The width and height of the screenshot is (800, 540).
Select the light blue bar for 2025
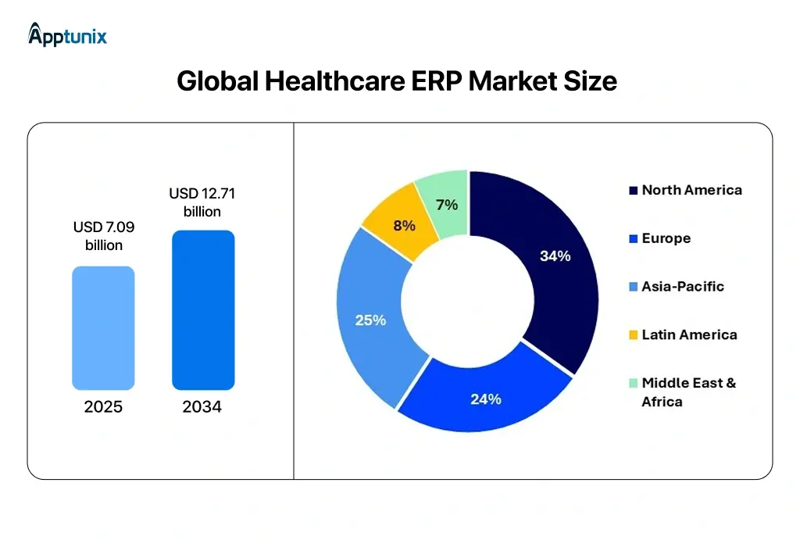point(103,328)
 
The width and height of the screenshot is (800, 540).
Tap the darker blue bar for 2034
point(203,310)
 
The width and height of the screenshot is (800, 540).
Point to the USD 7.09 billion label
point(103,236)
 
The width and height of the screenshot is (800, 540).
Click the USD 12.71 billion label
point(202,202)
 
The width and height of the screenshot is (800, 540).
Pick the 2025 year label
point(103,407)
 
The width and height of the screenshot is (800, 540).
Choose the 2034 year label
point(202,407)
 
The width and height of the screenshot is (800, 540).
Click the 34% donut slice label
point(555,256)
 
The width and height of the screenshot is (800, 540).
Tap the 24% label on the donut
point(485,399)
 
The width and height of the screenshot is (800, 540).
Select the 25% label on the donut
point(370,320)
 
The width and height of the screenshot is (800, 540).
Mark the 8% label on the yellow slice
point(404,225)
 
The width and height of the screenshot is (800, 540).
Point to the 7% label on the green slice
point(446,205)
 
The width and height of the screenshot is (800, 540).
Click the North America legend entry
point(685,190)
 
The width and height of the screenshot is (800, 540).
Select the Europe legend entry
point(660,238)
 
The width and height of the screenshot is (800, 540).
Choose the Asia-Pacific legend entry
point(677,287)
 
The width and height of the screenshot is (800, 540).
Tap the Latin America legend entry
point(683,334)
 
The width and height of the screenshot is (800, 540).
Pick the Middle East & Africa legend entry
point(683,392)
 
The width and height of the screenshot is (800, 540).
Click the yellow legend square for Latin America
point(634,335)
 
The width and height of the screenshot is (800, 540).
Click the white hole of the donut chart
point(467,302)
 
